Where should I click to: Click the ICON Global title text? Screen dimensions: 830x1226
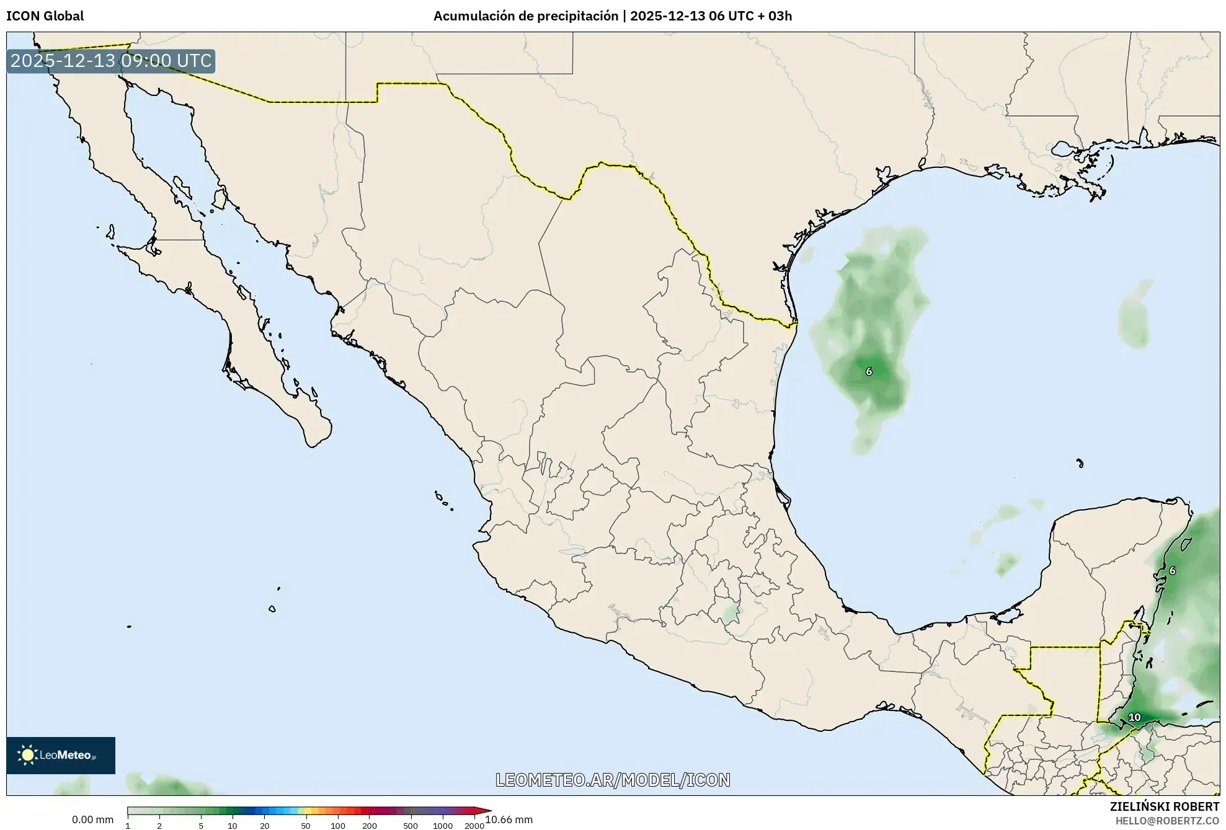coord(45,16)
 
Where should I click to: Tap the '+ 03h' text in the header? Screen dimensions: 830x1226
coord(776,16)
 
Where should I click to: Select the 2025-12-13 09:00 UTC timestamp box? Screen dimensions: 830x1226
coord(111,61)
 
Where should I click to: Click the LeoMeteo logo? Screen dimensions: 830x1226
coord(61,755)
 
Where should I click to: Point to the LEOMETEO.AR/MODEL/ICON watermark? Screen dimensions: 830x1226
coord(613,780)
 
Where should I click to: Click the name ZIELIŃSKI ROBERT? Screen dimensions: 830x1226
coord(1164,806)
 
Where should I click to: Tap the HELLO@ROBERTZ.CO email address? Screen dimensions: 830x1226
coord(1167,821)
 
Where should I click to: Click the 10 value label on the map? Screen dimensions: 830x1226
coord(1134,717)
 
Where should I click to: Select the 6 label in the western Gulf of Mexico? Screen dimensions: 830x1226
coord(868,371)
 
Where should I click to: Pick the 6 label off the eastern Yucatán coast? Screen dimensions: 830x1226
coord(1171,570)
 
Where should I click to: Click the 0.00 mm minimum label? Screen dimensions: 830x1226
coord(92,819)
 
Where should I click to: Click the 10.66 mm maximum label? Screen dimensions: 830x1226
coord(509,819)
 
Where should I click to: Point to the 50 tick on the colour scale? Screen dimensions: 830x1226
coord(305,826)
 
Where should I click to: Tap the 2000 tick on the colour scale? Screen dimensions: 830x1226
coord(474,826)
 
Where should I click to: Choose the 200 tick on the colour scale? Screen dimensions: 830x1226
coord(369,826)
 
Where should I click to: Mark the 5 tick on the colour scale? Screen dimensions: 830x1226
coord(201,826)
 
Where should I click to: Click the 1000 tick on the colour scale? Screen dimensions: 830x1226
coord(442,826)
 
